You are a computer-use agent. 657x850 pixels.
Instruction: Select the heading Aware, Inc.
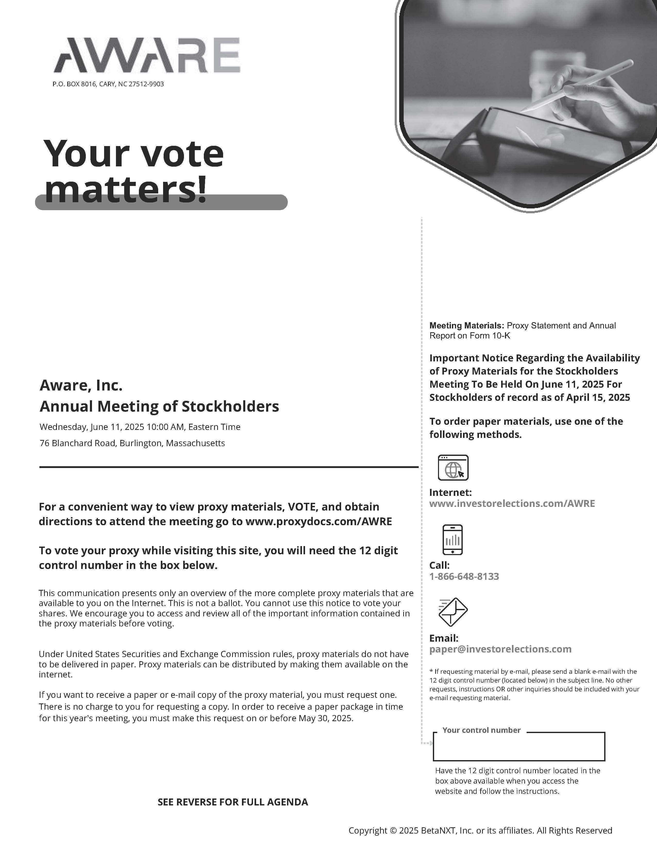click(x=81, y=385)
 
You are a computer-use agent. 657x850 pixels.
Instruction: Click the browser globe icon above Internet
click(x=453, y=467)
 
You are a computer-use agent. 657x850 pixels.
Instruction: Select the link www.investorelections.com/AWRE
click(x=512, y=503)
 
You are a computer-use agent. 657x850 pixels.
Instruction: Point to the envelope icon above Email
click(x=453, y=612)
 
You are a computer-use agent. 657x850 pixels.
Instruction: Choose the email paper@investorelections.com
click(x=500, y=649)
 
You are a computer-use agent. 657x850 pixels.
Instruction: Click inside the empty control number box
click(x=519, y=747)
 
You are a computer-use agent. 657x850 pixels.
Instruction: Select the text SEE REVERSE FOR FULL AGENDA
click(x=232, y=802)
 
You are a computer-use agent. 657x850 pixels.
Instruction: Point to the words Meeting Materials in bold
click(x=466, y=325)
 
